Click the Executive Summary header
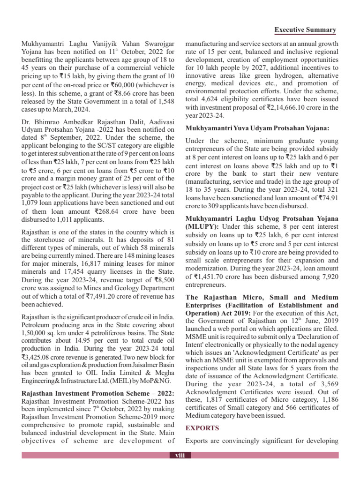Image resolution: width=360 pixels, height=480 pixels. (x=305, y=30)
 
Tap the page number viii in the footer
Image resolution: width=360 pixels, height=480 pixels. (x=180, y=455)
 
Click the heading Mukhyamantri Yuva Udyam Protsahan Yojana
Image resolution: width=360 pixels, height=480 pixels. (x=257, y=128)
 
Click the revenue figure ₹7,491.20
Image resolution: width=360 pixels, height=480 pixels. (x=102, y=296)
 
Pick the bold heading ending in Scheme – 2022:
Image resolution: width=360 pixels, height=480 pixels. (x=98, y=393)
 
